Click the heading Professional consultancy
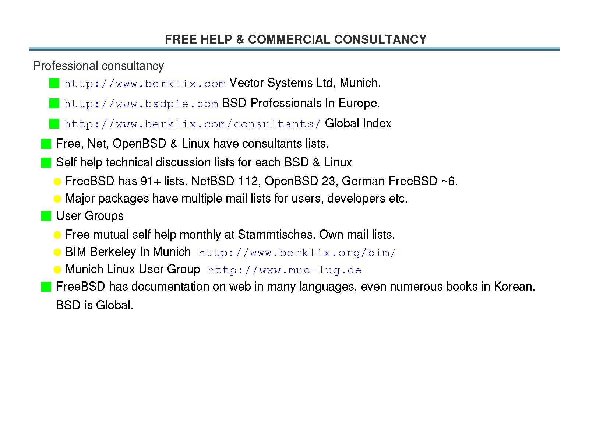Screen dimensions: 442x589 click(98, 66)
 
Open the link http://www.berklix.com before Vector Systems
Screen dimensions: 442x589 click(145, 84)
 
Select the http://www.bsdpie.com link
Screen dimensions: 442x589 click(141, 104)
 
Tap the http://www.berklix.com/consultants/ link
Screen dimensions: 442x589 click(192, 124)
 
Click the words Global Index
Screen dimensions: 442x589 click(358, 123)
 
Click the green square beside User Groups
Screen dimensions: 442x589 click(46, 216)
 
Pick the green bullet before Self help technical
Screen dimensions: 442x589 click(46, 163)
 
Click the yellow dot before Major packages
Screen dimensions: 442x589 click(57, 199)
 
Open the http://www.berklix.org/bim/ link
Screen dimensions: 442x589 click(297, 253)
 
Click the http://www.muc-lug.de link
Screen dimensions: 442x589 click(284, 270)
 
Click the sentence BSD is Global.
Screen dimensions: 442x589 click(95, 305)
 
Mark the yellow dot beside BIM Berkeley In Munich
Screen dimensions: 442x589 click(57, 253)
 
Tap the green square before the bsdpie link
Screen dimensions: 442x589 click(54, 104)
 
